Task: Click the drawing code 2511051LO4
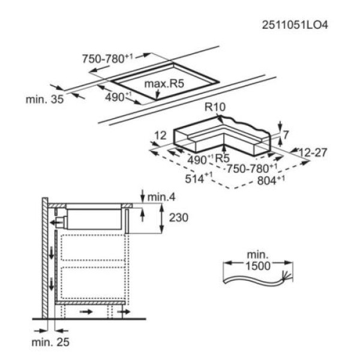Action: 295,25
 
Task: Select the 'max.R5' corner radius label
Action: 164,83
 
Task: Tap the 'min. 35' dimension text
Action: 44,100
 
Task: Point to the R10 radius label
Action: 215,107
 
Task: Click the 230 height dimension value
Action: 179,217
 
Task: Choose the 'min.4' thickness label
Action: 161,197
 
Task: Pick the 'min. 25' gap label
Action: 50,342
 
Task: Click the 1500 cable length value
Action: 258,266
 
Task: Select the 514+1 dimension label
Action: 199,178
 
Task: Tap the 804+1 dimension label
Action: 271,180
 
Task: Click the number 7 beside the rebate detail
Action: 286,135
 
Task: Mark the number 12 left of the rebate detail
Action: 160,136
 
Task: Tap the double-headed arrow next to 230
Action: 161,218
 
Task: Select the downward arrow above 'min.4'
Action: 143,196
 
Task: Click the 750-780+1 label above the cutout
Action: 107,59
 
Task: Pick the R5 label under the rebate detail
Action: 222,158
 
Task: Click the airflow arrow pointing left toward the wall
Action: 57,222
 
